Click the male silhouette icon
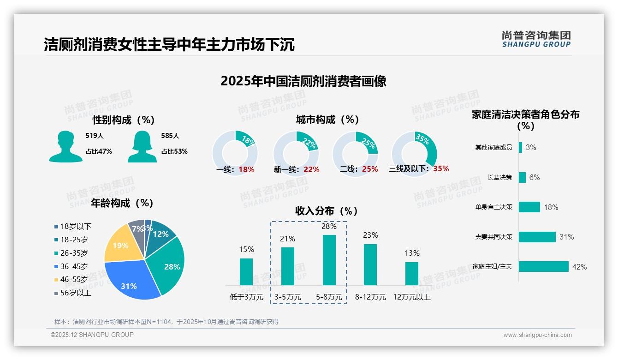[x=65, y=147]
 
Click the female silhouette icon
[x=142, y=147]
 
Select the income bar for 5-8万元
[x=329, y=260]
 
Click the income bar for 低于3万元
[x=246, y=271]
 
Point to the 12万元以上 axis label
[x=412, y=297]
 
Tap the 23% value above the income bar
[x=370, y=235]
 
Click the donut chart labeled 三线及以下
[x=414, y=153]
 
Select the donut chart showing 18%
[x=235, y=153]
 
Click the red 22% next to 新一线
[x=311, y=169]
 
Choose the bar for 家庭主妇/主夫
[x=544, y=267]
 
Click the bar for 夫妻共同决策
[x=537, y=237]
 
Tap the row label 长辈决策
[x=500, y=177]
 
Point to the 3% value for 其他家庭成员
[x=530, y=147]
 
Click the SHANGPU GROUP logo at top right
[x=536, y=39]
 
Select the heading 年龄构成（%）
[x=122, y=203]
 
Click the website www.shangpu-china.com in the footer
[x=537, y=335]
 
